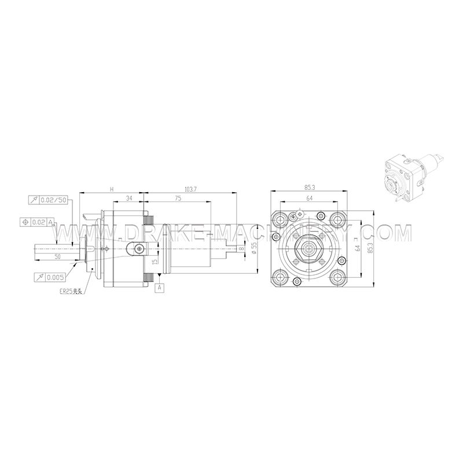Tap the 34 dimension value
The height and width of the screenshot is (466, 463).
pyautogui.click(x=128, y=199)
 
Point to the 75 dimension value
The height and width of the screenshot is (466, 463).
pyautogui.click(x=177, y=199)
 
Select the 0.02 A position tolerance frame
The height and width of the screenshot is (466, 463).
pyautogui.click(x=38, y=222)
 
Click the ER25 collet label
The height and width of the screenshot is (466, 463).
pyautogui.click(x=72, y=293)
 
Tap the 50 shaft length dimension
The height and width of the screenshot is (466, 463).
pyautogui.click(x=57, y=255)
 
